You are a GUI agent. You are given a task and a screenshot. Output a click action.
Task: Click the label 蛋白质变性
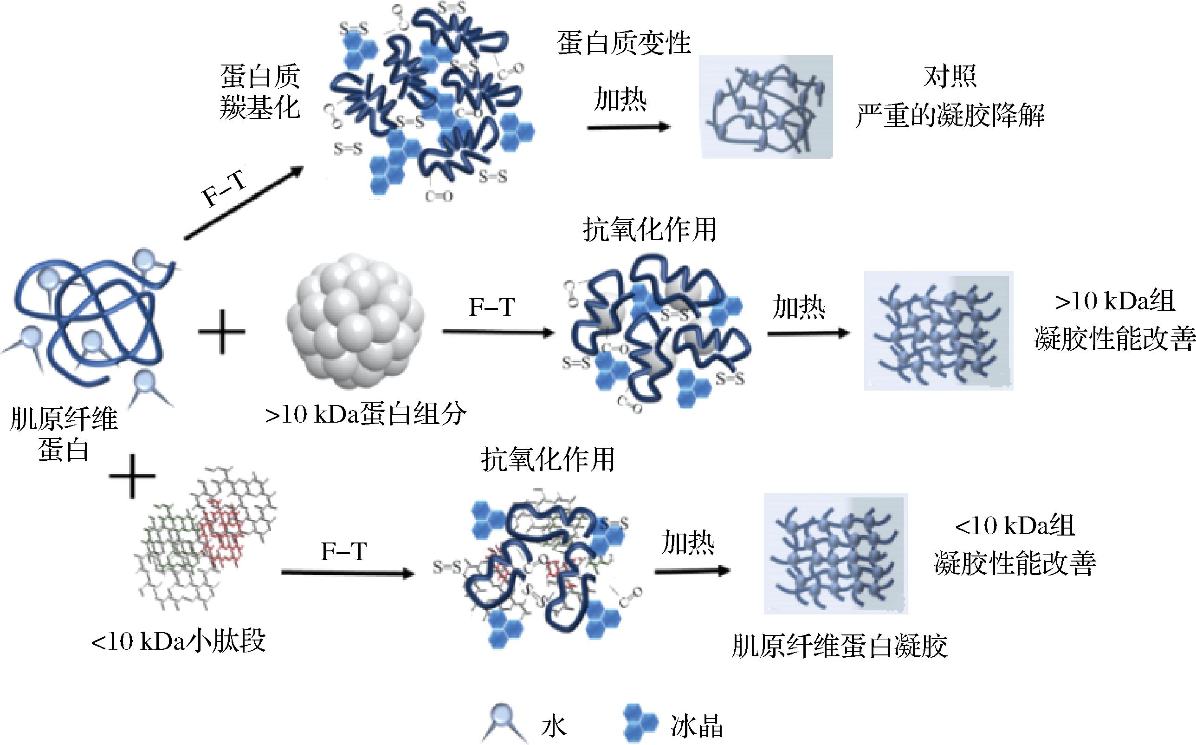624,43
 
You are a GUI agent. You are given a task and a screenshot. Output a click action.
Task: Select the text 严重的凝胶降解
950,115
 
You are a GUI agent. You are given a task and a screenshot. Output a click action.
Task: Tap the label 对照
950,77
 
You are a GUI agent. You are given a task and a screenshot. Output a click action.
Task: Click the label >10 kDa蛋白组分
365,414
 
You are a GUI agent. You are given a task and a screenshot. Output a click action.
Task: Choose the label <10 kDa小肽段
178,641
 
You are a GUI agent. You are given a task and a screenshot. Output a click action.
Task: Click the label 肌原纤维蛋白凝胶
839,646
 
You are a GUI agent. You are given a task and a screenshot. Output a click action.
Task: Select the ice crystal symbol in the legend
640,723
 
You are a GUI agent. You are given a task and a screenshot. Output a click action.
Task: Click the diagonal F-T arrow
243,203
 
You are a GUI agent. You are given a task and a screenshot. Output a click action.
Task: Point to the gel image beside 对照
766,106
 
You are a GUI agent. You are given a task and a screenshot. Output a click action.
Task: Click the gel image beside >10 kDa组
938,331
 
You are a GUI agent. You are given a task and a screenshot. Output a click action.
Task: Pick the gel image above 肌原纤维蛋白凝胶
835,554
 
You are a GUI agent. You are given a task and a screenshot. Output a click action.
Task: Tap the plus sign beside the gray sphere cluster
221,332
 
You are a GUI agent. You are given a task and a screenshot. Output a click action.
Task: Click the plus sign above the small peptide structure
132,476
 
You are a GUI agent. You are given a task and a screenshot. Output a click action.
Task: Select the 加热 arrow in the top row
628,127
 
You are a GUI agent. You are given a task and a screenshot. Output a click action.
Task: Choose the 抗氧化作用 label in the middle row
649,229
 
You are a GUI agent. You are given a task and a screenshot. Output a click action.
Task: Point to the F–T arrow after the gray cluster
498,333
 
